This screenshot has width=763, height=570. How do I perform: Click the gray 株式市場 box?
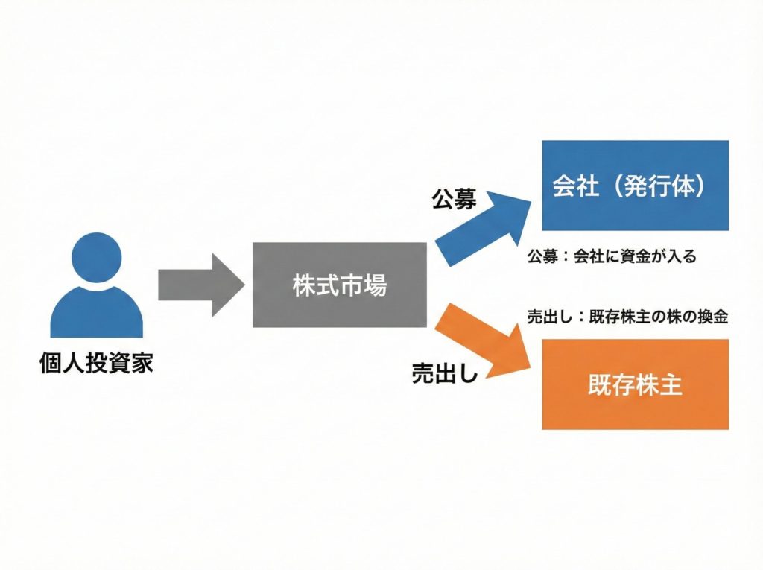pyautogui.click(x=340, y=285)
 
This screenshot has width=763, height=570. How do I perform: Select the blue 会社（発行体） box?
pyautogui.click(x=635, y=186)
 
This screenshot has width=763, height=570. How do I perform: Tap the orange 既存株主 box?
pyautogui.click(x=635, y=384)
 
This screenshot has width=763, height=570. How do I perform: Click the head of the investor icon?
pyautogui.click(x=96, y=258)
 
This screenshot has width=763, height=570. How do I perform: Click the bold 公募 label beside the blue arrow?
pyautogui.click(x=454, y=198)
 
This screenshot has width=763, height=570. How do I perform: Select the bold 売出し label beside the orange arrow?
pyautogui.click(x=445, y=373)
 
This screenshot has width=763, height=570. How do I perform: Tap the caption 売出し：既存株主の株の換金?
pyautogui.click(x=627, y=316)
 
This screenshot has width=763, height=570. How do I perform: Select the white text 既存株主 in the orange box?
pyautogui.click(x=635, y=385)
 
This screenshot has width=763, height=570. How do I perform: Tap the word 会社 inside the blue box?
pyautogui.click(x=575, y=186)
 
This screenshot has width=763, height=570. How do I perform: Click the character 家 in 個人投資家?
pyautogui.click(x=142, y=364)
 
